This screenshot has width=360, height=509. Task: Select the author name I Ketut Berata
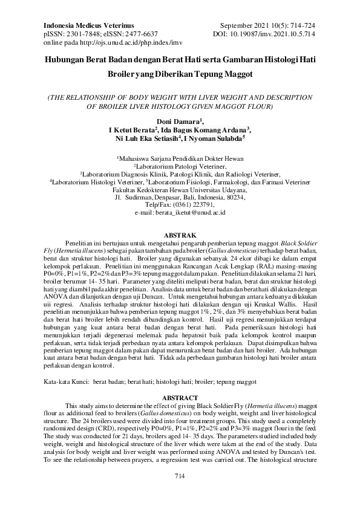[x=133, y=130]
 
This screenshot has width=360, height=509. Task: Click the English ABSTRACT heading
[x=180, y=398]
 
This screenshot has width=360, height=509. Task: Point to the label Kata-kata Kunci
[x=65, y=382]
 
